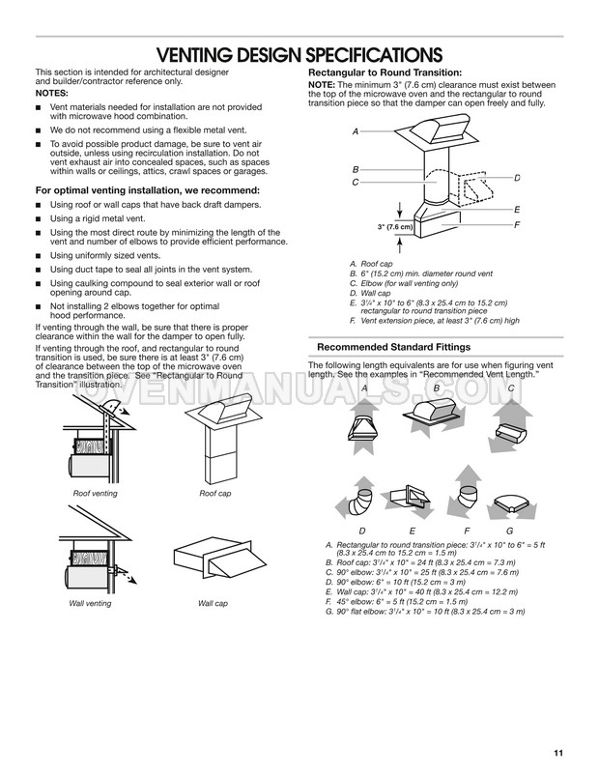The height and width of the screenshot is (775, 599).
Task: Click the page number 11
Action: point(558,753)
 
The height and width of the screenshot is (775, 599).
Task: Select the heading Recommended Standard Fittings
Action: point(393,347)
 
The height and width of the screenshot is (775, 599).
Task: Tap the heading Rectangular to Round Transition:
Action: point(385,72)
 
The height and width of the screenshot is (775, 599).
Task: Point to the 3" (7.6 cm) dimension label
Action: point(395,227)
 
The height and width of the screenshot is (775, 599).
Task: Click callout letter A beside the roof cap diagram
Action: point(356,131)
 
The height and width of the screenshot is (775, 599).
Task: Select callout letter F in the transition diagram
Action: point(517,225)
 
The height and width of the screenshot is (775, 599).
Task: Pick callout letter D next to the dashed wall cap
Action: point(517,178)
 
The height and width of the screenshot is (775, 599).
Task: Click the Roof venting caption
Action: point(95,493)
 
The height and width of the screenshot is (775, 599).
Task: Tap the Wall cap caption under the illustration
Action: point(213,604)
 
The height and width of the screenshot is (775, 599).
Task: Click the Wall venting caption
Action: point(90,604)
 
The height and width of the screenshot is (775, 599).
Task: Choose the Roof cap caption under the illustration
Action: point(215,493)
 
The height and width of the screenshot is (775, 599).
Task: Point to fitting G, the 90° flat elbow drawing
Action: point(511,506)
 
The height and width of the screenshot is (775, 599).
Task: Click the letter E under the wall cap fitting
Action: point(413,531)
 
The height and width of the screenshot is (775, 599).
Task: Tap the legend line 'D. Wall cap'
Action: point(370,293)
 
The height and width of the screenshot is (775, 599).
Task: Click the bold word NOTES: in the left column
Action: point(52,94)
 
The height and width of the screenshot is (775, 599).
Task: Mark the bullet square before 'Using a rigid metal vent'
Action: point(38,219)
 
